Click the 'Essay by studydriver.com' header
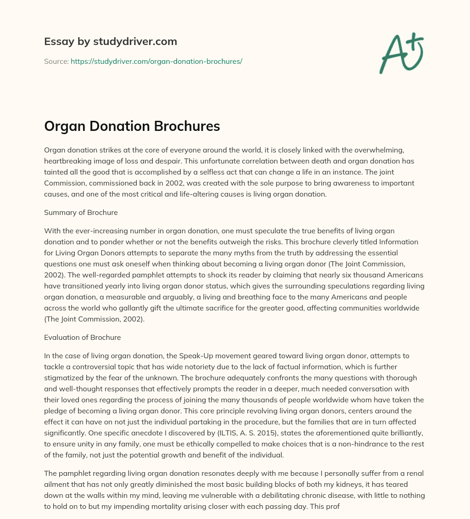tap(111, 41)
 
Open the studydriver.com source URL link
tap(156, 61)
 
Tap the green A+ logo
tap(401, 53)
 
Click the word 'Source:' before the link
tap(56, 61)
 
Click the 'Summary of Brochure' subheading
tap(81, 212)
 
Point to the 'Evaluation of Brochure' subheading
tap(82, 337)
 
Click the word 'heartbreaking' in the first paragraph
tap(66, 163)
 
